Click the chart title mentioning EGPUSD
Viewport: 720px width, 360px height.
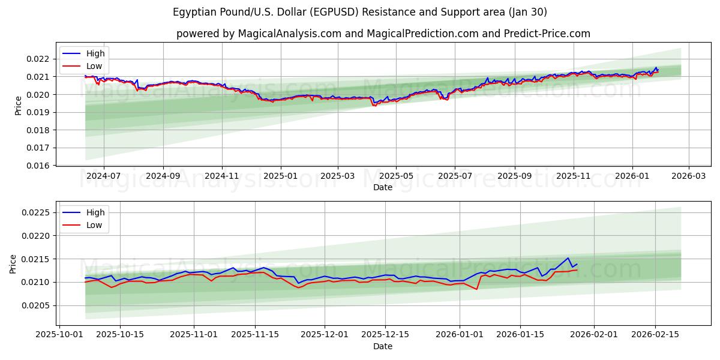click(359, 12)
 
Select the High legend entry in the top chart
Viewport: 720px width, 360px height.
click(95, 53)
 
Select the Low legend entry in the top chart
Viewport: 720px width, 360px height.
click(94, 66)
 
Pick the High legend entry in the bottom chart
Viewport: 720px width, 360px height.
click(95, 212)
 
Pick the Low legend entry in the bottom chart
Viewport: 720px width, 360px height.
click(94, 225)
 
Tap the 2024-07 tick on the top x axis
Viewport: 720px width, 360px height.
click(104, 176)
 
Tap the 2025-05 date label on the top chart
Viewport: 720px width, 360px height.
click(396, 176)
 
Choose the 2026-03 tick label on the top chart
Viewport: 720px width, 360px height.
click(688, 176)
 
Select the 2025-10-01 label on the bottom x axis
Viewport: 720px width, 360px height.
click(59, 335)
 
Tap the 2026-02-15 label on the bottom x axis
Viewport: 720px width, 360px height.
click(655, 335)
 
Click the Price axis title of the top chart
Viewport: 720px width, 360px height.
click(19, 105)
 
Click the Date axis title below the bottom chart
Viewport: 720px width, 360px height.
click(383, 346)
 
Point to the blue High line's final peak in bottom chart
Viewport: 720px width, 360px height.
click(568, 258)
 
